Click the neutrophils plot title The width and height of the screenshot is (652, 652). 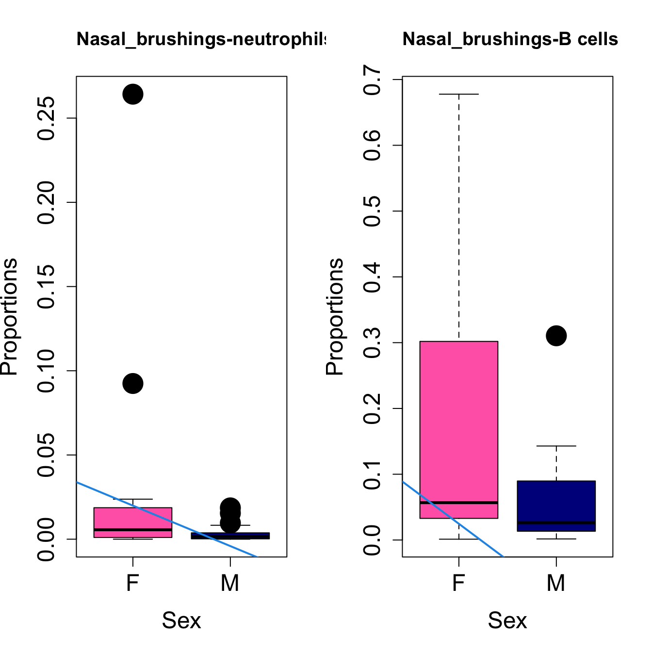pos(201,39)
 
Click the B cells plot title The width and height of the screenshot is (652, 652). pos(510,39)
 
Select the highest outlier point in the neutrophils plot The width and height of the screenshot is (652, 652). pos(132,94)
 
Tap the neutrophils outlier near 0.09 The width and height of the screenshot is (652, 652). pos(132,384)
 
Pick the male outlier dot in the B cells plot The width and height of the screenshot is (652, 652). pos(556,336)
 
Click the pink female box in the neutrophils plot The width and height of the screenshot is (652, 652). pos(132,519)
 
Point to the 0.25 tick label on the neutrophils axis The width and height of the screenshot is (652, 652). pos(47,118)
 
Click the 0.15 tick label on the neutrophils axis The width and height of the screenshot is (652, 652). pos(47,287)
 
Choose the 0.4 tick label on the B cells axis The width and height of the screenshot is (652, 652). pos(373,277)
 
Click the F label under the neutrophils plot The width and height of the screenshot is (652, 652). pos(132,583)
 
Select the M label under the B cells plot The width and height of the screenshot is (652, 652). pos(556,583)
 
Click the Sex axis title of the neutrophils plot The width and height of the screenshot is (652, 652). pos(181,620)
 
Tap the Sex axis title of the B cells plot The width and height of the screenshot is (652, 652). pos(507,620)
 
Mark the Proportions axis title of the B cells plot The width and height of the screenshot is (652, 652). pos(335,316)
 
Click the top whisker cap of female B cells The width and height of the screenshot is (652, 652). pos(458,94)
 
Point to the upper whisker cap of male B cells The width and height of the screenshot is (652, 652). pos(556,446)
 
